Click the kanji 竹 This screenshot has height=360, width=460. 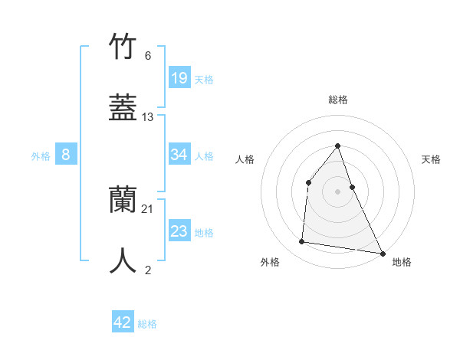123,47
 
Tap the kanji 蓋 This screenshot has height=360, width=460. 123,107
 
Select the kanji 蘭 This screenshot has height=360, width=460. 123,200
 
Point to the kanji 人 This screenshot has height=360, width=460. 123,260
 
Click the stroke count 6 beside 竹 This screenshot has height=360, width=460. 148,56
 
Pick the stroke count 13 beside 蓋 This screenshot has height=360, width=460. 148,117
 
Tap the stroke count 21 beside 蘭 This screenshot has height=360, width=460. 148,209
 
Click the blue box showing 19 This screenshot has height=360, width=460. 179,77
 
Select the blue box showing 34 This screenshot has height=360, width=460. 179,155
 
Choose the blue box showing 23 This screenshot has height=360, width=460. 179,231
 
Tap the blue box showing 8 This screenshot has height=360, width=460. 66,155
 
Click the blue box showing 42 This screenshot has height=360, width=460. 123,322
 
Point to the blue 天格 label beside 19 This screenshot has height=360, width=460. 204,79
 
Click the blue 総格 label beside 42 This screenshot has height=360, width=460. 147,324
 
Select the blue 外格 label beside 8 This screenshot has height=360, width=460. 41,156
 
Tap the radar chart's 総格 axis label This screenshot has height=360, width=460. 337,100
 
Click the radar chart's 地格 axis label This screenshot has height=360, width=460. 402,262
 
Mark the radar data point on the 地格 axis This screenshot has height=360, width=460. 382,253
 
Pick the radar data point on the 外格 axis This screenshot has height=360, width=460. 302,242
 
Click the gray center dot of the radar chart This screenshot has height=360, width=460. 337,191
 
